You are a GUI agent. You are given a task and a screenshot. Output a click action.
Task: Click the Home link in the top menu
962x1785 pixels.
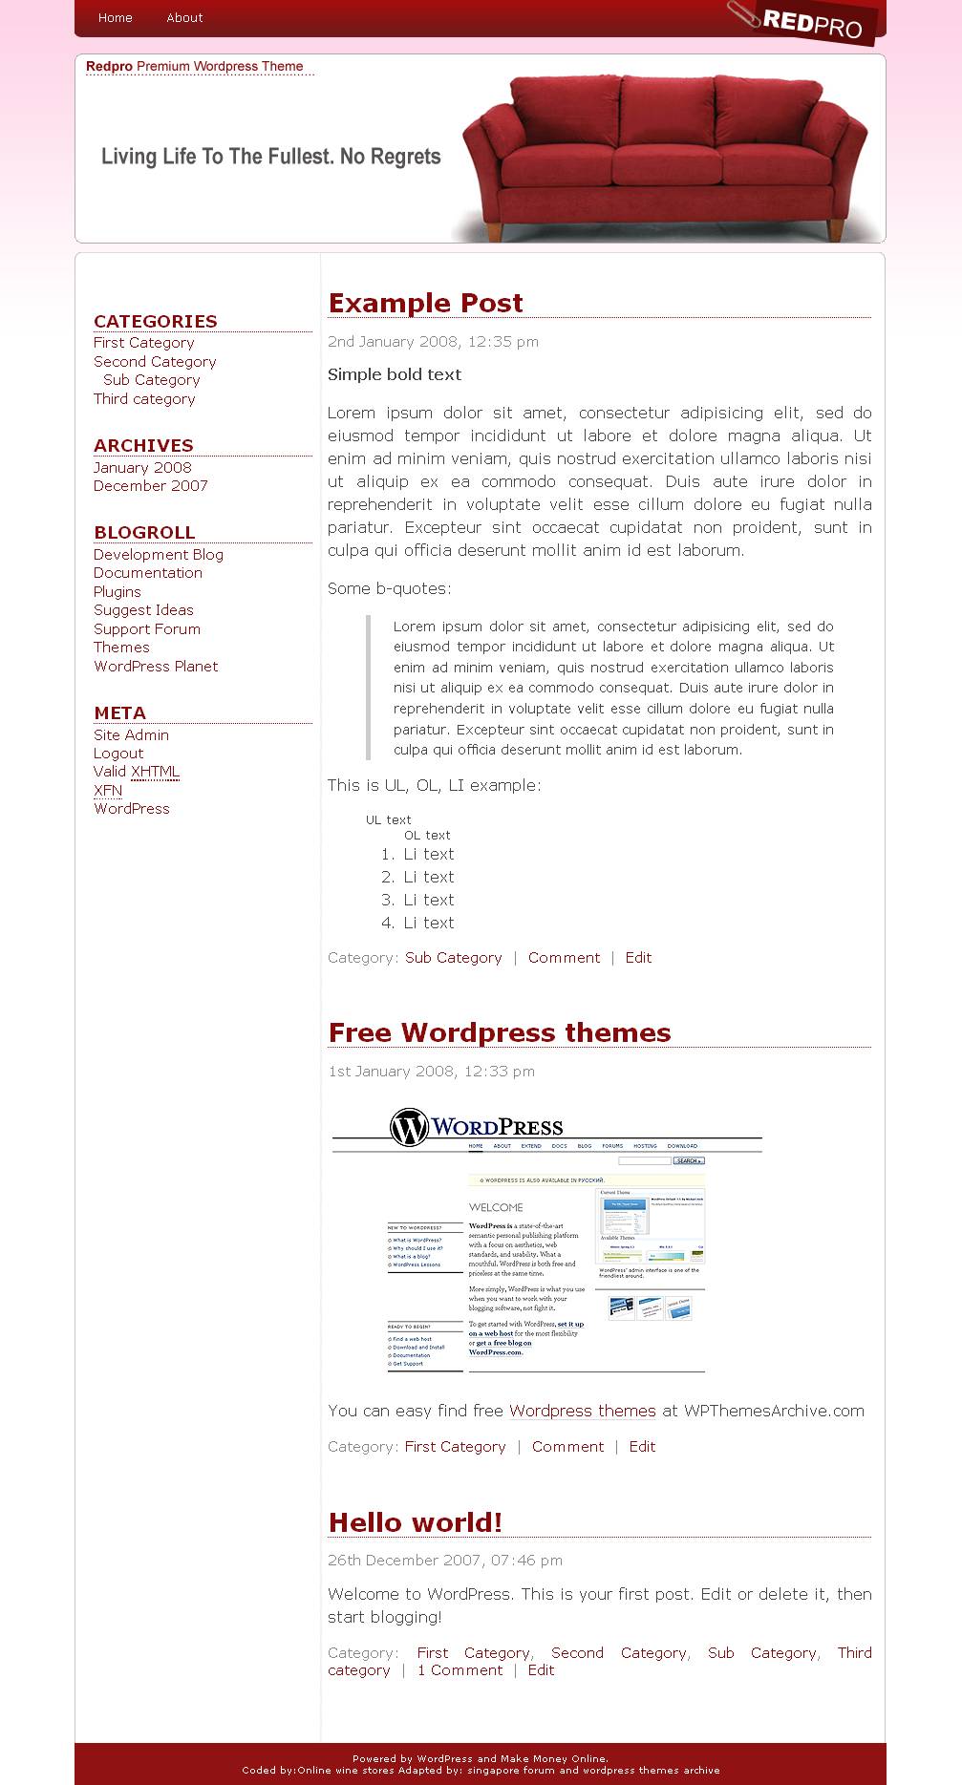pyautogui.click(x=115, y=18)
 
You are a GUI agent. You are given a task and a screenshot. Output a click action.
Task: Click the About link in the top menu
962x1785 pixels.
pyautogui.click(x=184, y=18)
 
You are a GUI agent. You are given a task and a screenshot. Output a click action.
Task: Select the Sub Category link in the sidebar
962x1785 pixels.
pyautogui.click(x=151, y=380)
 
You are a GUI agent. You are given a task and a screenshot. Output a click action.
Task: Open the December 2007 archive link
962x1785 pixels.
pyautogui.click(x=150, y=486)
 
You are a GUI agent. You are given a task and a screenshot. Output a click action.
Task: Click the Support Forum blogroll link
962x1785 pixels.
pyautogui.click(x=146, y=629)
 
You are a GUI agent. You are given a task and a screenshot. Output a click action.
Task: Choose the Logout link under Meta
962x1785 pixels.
pyautogui.click(x=118, y=754)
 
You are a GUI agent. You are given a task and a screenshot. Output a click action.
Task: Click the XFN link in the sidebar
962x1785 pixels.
pyautogui.click(x=108, y=791)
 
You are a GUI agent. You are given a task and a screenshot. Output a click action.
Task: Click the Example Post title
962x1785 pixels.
pyautogui.click(x=425, y=303)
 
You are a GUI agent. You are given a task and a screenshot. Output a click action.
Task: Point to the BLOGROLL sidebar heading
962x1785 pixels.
pyautogui.click(x=144, y=533)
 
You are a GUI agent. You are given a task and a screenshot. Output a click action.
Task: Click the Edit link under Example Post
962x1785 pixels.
pyautogui.click(x=638, y=958)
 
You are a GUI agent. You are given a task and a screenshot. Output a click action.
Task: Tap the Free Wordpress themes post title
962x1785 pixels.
pyautogui.click(x=499, y=1032)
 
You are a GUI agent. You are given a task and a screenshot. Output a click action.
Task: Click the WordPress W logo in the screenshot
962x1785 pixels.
pyautogui.click(x=409, y=1127)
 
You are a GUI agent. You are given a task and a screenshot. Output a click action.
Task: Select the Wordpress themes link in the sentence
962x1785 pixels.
pyautogui.click(x=582, y=1412)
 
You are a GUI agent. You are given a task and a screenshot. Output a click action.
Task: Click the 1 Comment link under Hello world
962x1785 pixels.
pyautogui.click(x=460, y=1670)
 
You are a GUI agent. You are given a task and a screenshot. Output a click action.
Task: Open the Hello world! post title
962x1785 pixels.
pyautogui.click(x=415, y=1522)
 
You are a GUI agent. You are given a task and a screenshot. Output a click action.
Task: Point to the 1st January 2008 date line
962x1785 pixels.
pyautogui.click(x=431, y=1072)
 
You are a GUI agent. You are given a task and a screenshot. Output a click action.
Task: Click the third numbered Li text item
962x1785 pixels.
pyautogui.click(x=428, y=901)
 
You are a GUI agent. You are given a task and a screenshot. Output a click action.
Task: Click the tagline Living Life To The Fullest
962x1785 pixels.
pyautogui.click(x=270, y=157)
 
